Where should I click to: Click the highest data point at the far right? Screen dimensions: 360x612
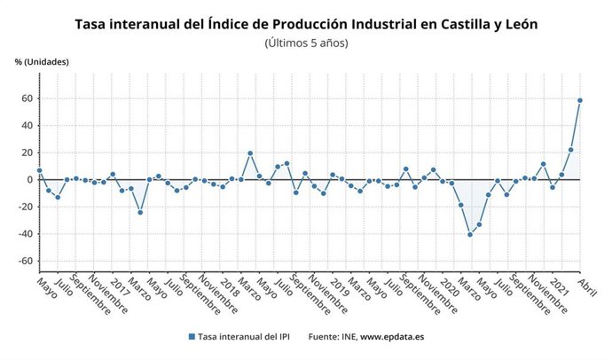[579, 100]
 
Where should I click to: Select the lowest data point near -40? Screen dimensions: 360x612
[470, 234]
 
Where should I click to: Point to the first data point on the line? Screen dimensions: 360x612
[39, 170]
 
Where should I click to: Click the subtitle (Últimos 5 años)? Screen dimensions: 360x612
[306, 43]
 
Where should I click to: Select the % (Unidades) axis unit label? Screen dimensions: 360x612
[42, 61]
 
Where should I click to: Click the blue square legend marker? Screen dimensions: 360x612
[191, 337]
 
